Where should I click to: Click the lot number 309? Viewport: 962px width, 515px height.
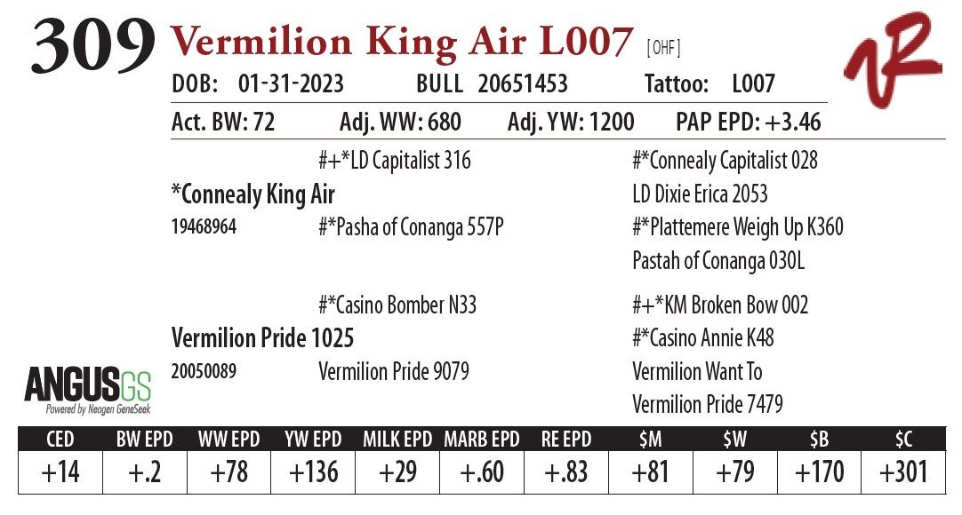tap(92, 46)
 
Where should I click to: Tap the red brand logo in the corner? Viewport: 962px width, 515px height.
tap(892, 61)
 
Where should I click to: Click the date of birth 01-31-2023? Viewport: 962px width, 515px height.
tap(291, 84)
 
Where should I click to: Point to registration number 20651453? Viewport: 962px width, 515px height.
tap(522, 84)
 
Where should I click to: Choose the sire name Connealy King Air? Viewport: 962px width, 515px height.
tap(253, 194)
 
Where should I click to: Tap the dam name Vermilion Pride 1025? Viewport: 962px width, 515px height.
tap(261, 338)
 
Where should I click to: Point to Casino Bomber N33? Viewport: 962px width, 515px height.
tap(397, 305)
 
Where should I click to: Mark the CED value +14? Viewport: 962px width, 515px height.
tap(60, 471)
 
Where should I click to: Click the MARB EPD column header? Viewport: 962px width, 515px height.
tap(482, 440)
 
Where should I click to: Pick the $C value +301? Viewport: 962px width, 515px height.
tap(903, 471)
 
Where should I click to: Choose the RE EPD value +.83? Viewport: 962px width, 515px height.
tap(566, 471)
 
